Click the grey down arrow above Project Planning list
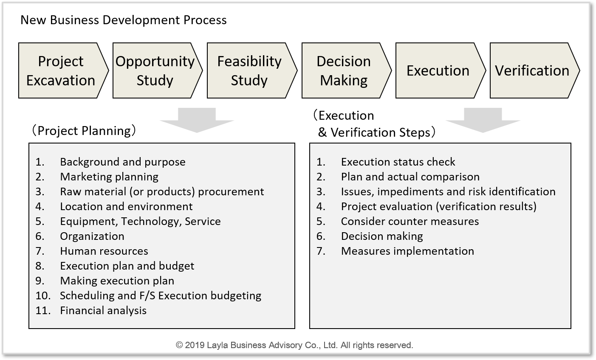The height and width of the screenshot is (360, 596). click(x=197, y=120)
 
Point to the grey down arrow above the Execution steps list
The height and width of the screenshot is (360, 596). click(x=483, y=120)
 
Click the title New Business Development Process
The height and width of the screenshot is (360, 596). click(x=124, y=20)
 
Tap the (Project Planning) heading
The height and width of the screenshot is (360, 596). click(x=84, y=131)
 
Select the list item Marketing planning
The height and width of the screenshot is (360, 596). click(x=109, y=177)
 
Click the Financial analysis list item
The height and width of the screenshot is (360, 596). click(x=103, y=311)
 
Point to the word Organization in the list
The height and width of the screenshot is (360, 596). click(x=92, y=236)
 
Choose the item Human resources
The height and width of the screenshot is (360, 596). click(x=104, y=251)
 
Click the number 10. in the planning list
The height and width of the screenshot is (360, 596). click(x=43, y=295)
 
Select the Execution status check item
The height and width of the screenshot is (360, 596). click(x=398, y=162)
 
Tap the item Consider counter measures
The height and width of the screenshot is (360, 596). click(x=410, y=221)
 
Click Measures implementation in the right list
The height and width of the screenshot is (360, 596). click(x=407, y=251)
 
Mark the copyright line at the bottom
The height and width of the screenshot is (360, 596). click(x=294, y=345)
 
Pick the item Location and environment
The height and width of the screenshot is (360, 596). click(x=126, y=207)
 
